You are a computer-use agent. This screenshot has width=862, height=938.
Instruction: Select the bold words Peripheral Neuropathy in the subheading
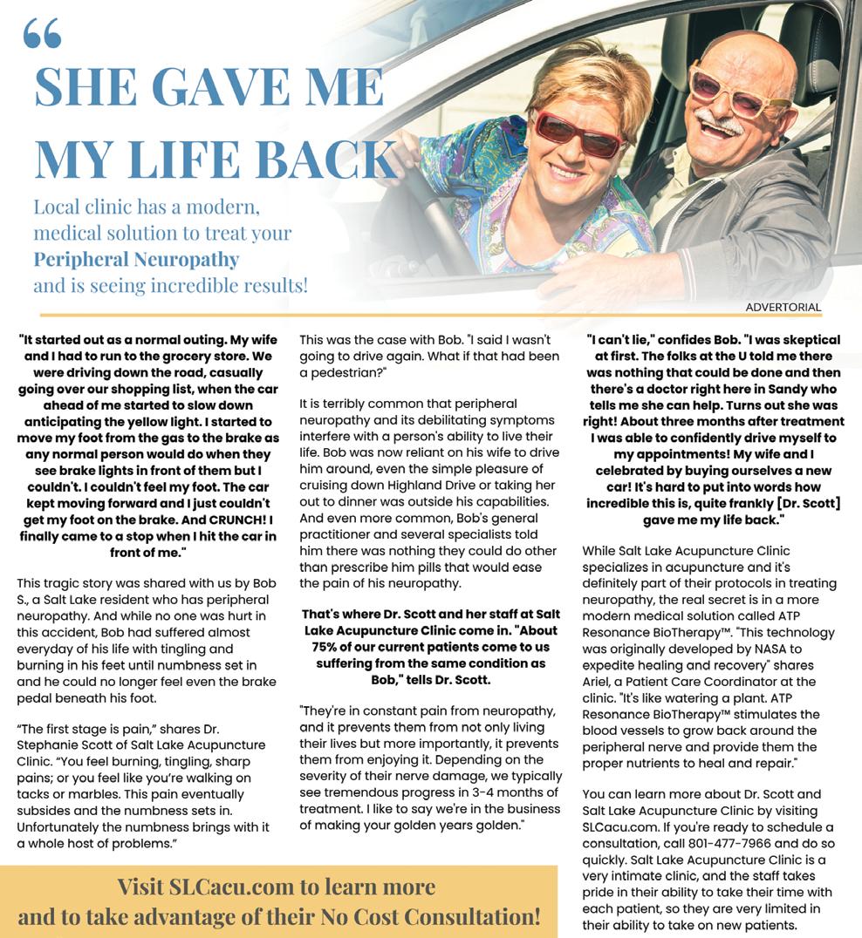pyautogui.click(x=136, y=260)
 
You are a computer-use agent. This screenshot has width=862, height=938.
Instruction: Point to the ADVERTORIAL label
pyautogui.click(x=783, y=307)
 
